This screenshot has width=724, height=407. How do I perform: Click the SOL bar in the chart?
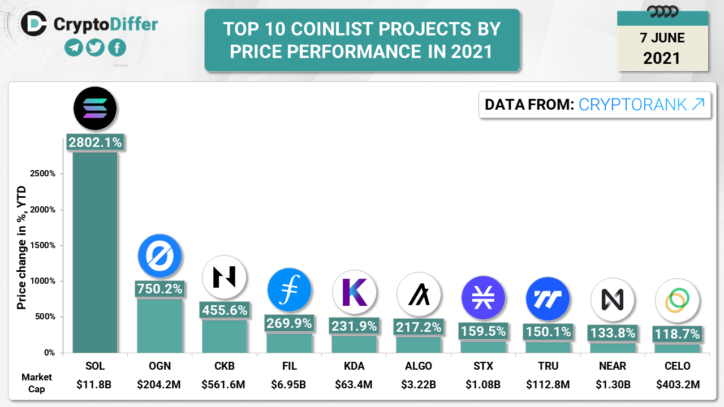pos(95,252)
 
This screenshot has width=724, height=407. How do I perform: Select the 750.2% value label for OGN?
pos(160,289)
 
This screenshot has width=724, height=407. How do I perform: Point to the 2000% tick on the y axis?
pos(43,210)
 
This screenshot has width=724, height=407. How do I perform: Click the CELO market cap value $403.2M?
pos(678,385)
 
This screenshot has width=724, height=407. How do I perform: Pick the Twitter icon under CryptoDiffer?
pos(95,48)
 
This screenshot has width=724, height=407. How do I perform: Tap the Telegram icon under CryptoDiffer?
pos(74,48)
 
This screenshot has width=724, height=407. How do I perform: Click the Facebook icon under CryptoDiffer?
pos(117,48)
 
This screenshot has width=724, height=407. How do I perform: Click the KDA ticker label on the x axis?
pos(354,366)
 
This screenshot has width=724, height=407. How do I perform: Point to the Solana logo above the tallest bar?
pos(95,109)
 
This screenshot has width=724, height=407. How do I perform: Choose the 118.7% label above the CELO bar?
pos(678,334)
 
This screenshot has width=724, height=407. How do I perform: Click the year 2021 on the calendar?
pos(662,58)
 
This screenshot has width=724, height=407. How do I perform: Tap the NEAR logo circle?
pos(613,300)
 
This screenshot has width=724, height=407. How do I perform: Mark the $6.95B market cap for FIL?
pos(290,385)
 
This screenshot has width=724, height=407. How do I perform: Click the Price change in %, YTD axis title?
pos(21,249)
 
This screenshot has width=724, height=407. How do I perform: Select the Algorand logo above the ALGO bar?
pos(419,295)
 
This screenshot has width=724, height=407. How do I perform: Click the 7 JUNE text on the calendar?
pos(662,38)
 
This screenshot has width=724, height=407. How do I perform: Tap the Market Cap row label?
pos(37,383)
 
